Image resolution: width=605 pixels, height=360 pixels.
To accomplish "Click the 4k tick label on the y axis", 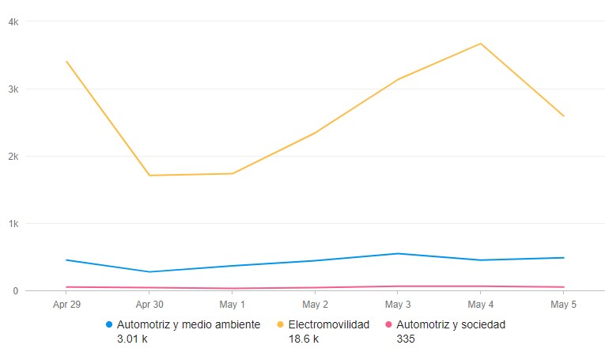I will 13,22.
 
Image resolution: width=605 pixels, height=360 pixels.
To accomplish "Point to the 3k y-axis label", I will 13,89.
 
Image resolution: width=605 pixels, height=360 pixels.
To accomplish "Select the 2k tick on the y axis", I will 13,157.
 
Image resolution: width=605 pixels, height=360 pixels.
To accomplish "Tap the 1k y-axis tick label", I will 13,224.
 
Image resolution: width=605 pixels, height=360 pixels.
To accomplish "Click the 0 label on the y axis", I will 16,291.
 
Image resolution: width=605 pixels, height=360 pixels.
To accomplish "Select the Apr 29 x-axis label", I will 66,304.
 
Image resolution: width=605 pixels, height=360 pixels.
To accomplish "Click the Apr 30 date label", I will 149,304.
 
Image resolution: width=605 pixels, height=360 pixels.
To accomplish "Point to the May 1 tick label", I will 233,304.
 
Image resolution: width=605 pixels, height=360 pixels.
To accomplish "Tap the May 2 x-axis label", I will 315,304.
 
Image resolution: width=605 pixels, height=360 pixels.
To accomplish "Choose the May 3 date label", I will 398,304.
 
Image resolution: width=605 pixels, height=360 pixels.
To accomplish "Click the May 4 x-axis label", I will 481,304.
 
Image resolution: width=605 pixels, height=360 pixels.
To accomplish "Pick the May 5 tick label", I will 564,304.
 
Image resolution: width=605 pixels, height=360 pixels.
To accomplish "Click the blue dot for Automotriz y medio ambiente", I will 109,324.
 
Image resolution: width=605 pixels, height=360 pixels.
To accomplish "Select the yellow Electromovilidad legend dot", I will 281,324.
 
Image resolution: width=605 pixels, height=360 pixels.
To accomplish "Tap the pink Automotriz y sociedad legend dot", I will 388,324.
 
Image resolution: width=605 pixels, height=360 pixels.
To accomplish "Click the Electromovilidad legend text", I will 329,324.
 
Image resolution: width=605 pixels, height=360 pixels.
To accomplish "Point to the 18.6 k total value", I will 304,339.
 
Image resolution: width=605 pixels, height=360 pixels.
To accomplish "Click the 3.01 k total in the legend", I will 133,339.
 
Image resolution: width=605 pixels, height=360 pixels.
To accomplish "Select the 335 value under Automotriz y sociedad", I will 406,339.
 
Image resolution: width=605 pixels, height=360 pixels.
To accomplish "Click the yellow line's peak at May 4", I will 481,44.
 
